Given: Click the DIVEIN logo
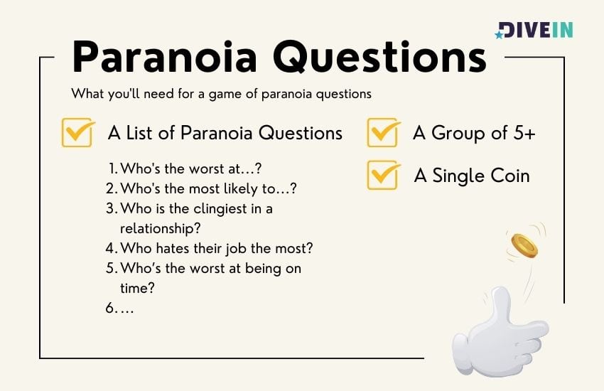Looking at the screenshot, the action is coord(534,30).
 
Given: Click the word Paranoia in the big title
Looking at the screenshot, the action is coord(164,57).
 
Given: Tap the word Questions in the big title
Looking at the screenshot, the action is coord(380,58).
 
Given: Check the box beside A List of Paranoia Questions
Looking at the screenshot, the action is coord(77,132).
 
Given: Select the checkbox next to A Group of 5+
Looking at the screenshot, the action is coord(383,132).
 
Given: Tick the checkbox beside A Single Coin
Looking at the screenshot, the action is coord(383,175).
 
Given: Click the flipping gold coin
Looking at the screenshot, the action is coord(524,246).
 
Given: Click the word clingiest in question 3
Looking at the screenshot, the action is coord(220,209).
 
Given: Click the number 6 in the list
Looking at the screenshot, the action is coord(109,308).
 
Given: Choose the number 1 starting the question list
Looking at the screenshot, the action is coord(112,168).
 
